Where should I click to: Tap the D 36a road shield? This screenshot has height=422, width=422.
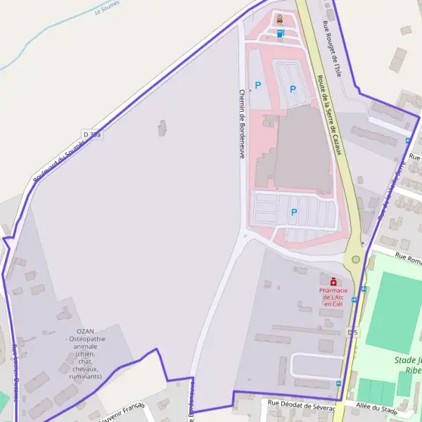(92, 134)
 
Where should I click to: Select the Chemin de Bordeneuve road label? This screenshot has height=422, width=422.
(241, 123)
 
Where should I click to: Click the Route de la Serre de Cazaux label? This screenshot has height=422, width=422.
(329, 116)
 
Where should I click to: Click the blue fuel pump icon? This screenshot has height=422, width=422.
(281, 32)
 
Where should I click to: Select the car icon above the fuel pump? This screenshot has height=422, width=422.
(281, 19)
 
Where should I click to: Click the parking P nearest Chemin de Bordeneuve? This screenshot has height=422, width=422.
(258, 85)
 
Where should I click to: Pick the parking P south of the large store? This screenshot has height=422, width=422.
(294, 212)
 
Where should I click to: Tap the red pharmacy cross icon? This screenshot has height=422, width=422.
(333, 281)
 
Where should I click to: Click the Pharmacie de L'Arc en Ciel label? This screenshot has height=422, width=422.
(333, 298)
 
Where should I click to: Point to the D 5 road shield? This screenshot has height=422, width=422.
(353, 332)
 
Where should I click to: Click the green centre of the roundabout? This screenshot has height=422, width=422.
(356, 260)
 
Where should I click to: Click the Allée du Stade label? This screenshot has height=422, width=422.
(376, 407)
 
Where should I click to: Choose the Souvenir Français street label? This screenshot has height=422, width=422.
(121, 414)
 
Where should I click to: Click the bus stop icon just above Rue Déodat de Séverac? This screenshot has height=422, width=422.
(338, 384)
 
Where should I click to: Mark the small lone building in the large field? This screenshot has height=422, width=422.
(163, 128)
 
